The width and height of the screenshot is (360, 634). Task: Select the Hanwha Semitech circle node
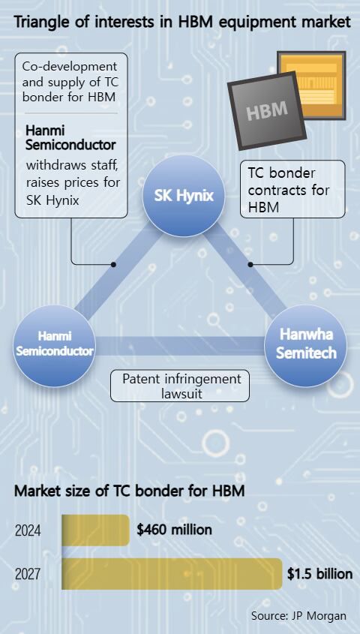coord(306,344)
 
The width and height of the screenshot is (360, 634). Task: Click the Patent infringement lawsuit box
coord(181,386)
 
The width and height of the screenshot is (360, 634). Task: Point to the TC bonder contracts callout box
coord(292,189)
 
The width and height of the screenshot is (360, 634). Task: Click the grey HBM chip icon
coord(266,111)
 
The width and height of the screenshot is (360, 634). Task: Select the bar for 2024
coord(95,530)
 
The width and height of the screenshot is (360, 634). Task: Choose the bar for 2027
coord(172,574)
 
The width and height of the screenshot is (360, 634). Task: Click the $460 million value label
coord(174,530)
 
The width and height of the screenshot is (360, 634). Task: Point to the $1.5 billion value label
coord(319,574)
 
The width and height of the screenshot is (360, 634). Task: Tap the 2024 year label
coord(28,530)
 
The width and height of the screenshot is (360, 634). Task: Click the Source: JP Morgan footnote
coord(298,615)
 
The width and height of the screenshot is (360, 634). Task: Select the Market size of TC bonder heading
coord(130,492)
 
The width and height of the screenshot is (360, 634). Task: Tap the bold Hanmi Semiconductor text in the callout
coord(70,137)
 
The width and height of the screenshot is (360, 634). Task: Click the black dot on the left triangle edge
coord(113,264)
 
